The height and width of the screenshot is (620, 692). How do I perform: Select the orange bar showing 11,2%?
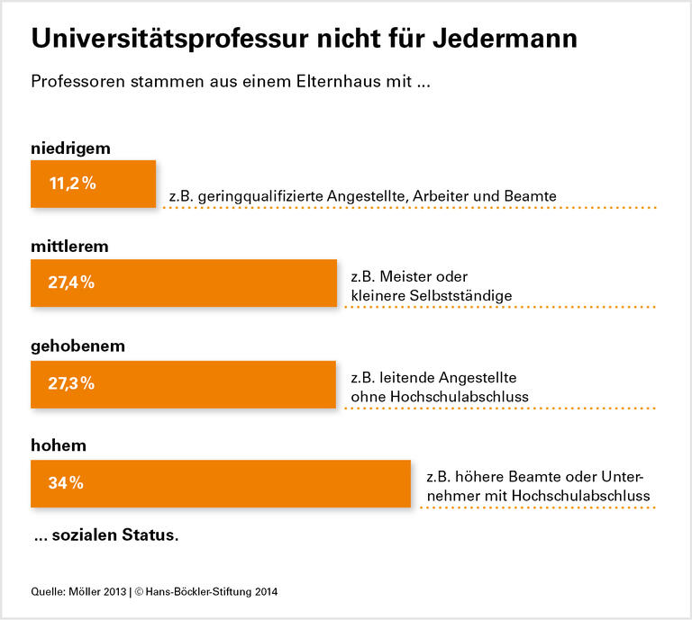pos(94,184)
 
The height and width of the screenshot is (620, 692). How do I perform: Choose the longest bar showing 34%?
pos(221,482)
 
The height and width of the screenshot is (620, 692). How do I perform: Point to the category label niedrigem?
pos(71,148)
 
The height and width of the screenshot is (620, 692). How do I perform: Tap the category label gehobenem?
pos(77,346)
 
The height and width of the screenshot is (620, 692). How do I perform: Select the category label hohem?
pos(58,445)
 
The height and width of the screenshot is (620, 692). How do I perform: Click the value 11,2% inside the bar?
pos(72,184)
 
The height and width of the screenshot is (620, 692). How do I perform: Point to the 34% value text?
pos(66,482)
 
